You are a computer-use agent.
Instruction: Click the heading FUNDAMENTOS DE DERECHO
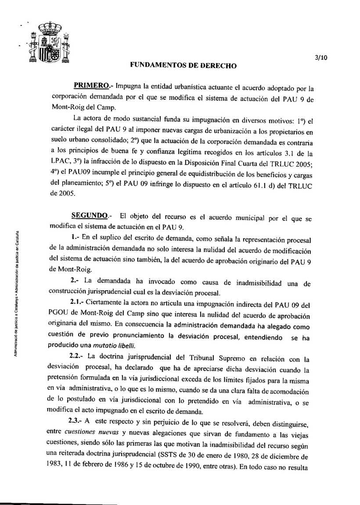pyautogui.click(x=184, y=66)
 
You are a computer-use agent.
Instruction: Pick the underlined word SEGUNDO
pyautogui.click(x=90, y=216)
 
